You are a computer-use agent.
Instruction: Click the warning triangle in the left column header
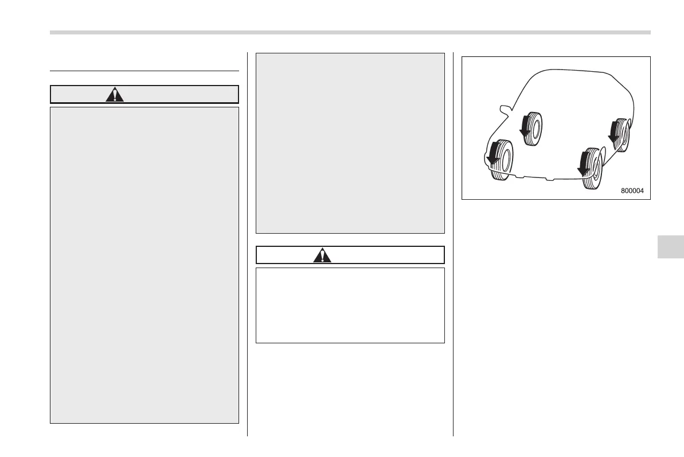click(x=115, y=95)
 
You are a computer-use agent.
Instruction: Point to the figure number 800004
click(x=632, y=191)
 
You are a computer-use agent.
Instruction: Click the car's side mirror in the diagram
click(x=505, y=109)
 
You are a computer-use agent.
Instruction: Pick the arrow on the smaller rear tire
click(x=616, y=133)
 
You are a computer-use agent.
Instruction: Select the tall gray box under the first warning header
click(x=144, y=265)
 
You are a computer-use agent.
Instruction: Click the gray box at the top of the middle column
click(x=350, y=143)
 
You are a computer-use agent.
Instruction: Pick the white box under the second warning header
click(x=350, y=305)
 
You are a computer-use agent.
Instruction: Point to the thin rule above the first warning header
click(x=144, y=71)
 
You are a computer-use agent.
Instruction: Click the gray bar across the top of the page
click(x=350, y=32)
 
